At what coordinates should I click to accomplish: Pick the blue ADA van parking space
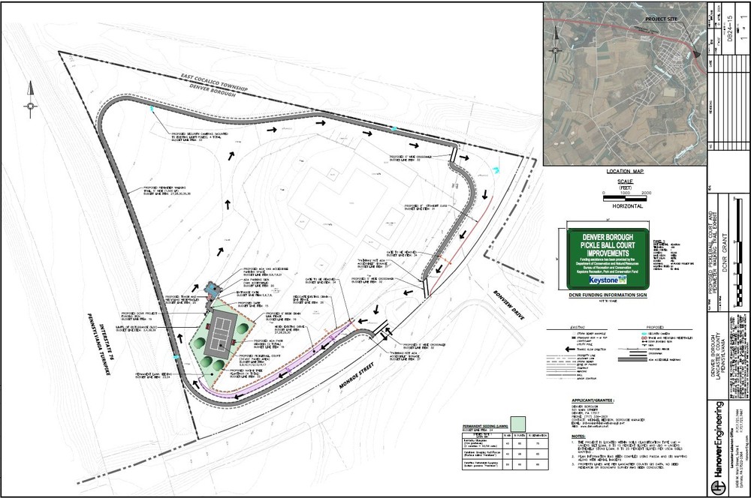point(213,289)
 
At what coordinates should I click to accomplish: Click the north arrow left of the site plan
point(30,98)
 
